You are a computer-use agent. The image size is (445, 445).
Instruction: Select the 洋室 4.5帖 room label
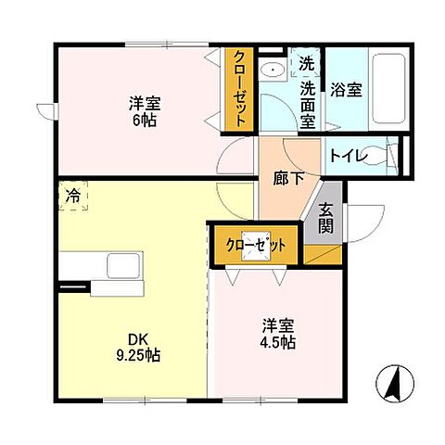coord(277,334)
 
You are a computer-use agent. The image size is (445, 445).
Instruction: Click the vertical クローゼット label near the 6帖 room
coord(239,90)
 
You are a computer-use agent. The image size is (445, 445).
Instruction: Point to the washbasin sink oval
coord(273,70)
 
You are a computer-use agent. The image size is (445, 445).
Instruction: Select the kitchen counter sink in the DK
coord(120,266)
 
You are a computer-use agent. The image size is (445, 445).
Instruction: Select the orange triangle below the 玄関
coord(324,252)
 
